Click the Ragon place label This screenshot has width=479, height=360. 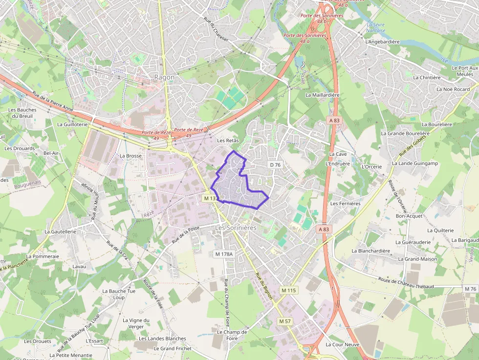pyautogui.click(x=164, y=77)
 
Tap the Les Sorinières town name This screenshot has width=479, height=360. pyautogui.click(x=236, y=228)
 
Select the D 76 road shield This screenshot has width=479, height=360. pyautogui.click(x=275, y=165)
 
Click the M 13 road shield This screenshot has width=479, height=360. pyautogui.click(x=210, y=198)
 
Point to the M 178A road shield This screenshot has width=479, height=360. pyautogui.click(x=224, y=254)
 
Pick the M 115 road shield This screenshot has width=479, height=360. pyautogui.click(x=288, y=290)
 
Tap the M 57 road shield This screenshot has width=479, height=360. pyautogui.click(x=284, y=321)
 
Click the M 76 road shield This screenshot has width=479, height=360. pyautogui.click(x=470, y=289)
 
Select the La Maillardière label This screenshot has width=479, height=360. pyautogui.click(x=322, y=95)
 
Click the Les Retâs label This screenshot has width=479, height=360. pyautogui.click(x=228, y=140)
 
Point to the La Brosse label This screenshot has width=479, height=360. pyautogui.click(x=131, y=156)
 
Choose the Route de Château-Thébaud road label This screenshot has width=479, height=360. pyautogui.click(x=420, y=282)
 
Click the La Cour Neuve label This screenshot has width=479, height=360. pyautogui.click(x=342, y=344)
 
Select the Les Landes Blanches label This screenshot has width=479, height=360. pyautogui.click(x=162, y=339)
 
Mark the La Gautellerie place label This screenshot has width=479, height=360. pyautogui.click(x=61, y=232)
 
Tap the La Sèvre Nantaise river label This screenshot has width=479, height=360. pyautogui.click(x=376, y=27)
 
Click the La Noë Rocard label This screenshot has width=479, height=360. pyautogui.click(x=453, y=89)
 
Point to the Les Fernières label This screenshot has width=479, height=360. pyautogui.click(x=345, y=203)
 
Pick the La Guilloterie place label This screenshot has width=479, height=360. pyautogui.click(x=72, y=125)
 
